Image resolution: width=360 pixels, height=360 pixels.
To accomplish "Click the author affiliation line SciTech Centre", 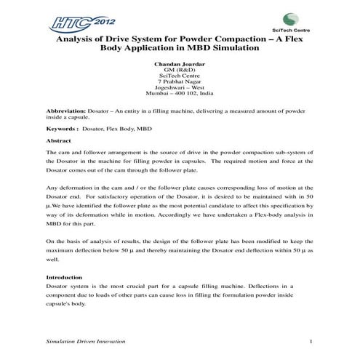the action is pos(178,75).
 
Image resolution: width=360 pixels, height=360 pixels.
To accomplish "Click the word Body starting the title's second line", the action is pos(116,50).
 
